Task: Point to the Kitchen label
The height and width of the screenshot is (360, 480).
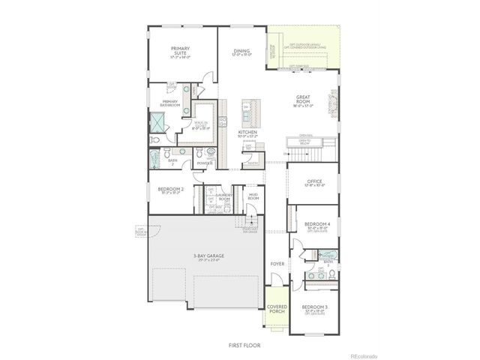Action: click(x=248, y=133)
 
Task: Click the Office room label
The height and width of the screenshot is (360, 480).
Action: click(x=314, y=182)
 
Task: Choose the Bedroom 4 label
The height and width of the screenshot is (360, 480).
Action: click(x=316, y=226)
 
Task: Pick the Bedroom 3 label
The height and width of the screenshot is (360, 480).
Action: click(x=313, y=309)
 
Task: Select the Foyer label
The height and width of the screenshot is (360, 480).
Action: click(x=277, y=264)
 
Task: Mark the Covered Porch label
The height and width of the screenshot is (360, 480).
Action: click(x=277, y=310)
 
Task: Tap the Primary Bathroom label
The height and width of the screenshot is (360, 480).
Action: click(x=169, y=104)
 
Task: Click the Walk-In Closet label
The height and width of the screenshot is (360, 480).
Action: click(x=201, y=124)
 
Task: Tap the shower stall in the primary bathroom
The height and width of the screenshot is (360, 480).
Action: click(x=159, y=122)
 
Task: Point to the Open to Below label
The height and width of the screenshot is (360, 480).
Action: click(x=304, y=141)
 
